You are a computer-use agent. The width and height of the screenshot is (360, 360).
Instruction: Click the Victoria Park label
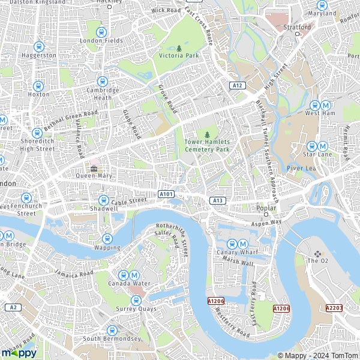click(178, 56)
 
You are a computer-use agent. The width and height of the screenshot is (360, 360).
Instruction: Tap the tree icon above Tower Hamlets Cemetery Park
click(208, 134)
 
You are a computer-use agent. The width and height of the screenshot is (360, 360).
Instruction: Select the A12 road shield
click(238, 86)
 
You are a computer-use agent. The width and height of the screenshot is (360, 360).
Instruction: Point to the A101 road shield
click(166, 194)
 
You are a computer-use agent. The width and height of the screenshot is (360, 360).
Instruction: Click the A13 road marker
click(217, 200)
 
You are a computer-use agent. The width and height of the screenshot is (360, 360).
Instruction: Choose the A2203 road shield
click(334, 308)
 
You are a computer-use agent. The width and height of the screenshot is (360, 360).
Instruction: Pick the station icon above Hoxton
click(38, 86)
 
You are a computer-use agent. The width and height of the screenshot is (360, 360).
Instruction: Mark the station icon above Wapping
click(107, 238)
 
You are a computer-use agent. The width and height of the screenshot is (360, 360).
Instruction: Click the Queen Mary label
click(94, 176)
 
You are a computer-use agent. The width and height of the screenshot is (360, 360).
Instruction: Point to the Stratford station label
click(297, 28)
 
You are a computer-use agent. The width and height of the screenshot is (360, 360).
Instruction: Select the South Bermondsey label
click(112, 338)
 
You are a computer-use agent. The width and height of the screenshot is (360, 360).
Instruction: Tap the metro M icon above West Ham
click(325, 104)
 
